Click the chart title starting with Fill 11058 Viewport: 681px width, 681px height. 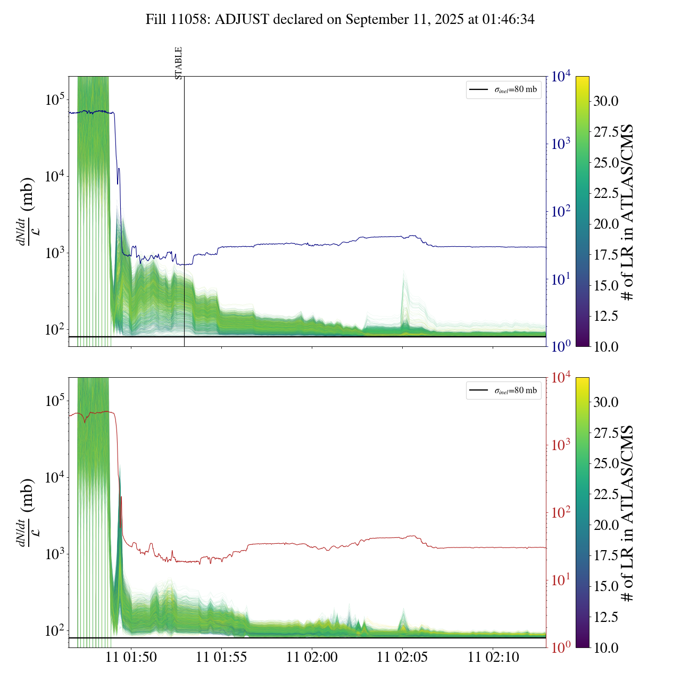click(x=340, y=20)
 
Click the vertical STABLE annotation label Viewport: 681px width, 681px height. click(x=179, y=63)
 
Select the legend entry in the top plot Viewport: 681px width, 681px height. click(x=503, y=89)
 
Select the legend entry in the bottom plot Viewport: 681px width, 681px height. click(x=503, y=391)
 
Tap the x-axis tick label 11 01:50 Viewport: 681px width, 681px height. click(x=131, y=657)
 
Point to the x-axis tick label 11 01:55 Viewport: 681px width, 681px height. click(x=221, y=657)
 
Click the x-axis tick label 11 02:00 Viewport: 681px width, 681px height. click(x=312, y=657)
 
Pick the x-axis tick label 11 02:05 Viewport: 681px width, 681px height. click(x=402, y=657)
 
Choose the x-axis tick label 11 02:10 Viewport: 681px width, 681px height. click(x=493, y=657)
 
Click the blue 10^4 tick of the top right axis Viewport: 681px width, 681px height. click(x=561, y=77)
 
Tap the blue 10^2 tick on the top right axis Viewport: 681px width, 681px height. click(x=561, y=212)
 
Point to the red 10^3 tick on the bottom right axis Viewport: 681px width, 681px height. click(x=561, y=445)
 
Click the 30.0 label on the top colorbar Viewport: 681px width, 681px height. click(x=606, y=101)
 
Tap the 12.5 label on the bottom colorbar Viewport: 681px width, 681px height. click(x=606, y=617)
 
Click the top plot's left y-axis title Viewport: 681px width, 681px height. click(x=27, y=211)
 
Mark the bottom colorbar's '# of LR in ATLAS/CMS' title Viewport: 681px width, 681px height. click(x=628, y=513)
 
